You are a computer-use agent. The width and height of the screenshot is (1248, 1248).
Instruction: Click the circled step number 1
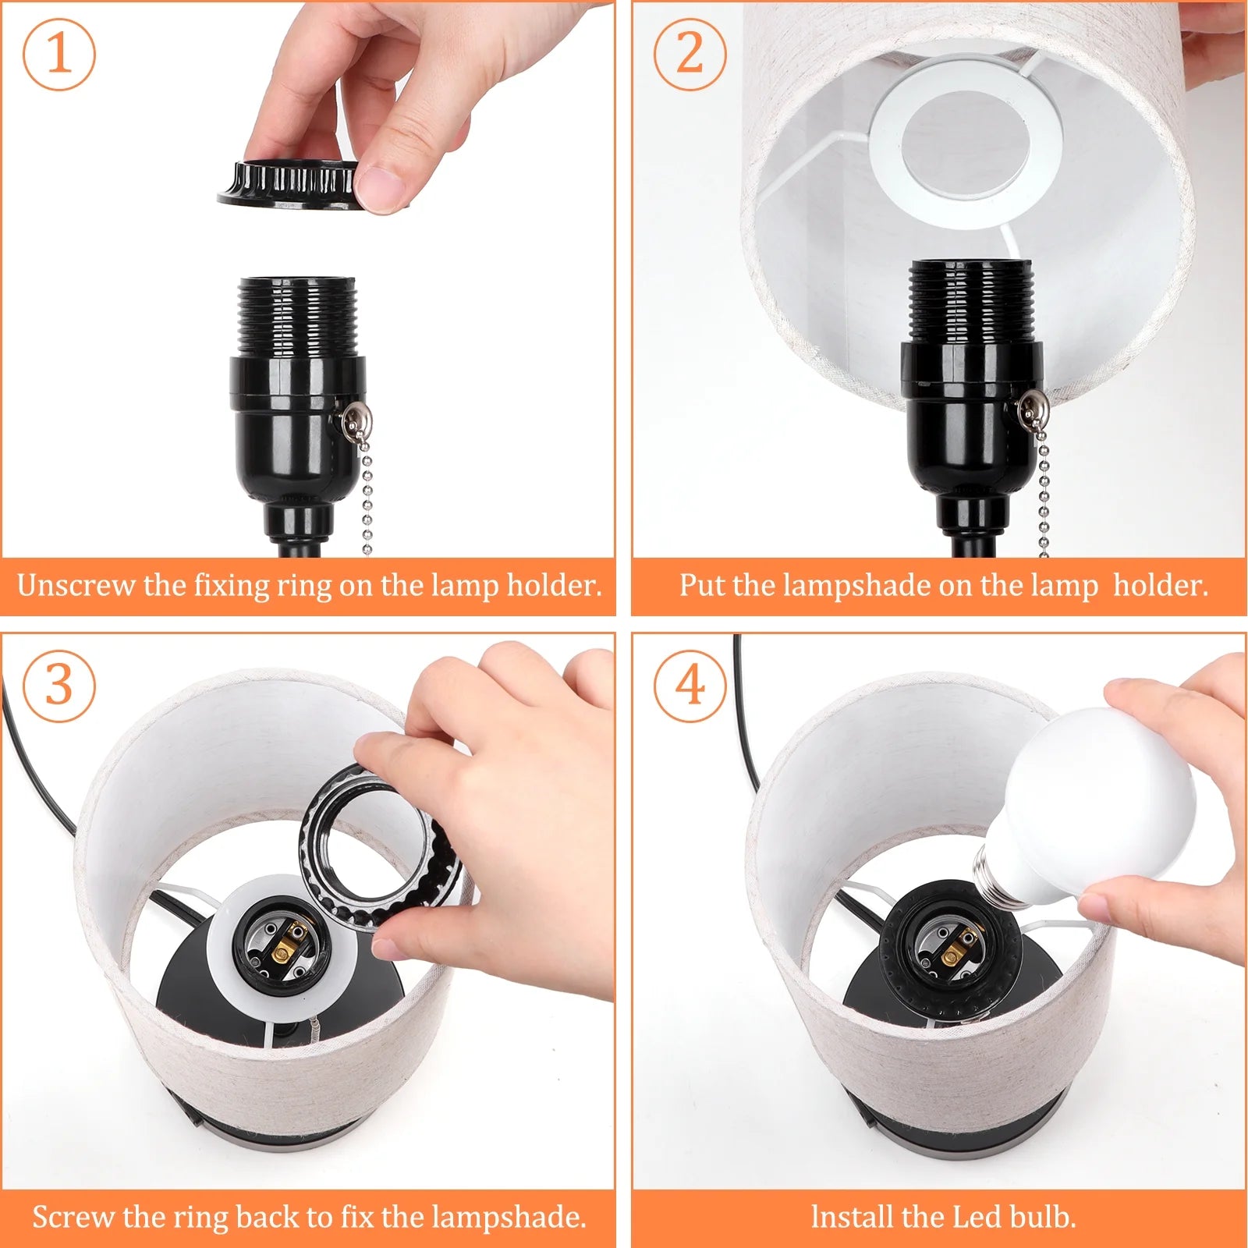(59, 55)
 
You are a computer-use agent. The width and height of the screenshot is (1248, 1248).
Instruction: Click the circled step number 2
(690, 55)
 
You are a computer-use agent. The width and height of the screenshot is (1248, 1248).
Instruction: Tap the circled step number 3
(59, 686)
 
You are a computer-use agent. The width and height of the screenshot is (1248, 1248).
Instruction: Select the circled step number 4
(690, 686)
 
